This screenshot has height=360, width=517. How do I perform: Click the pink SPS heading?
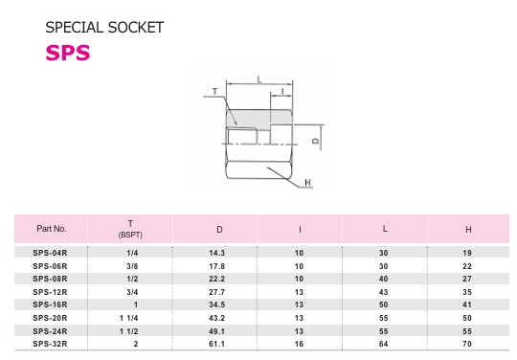(x=68, y=53)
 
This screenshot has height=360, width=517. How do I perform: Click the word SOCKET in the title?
(x=136, y=28)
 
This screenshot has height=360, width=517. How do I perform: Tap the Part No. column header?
(x=52, y=229)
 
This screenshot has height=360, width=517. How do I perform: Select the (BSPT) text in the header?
(x=130, y=235)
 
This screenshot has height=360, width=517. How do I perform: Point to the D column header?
(x=219, y=230)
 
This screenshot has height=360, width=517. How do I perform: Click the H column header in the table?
(x=468, y=230)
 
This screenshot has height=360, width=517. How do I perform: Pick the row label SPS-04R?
(x=50, y=253)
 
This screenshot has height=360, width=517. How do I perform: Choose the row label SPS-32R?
(x=50, y=344)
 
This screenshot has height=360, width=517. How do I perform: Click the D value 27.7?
(x=217, y=292)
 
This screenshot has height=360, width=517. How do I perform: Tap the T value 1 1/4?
(x=129, y=318)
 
